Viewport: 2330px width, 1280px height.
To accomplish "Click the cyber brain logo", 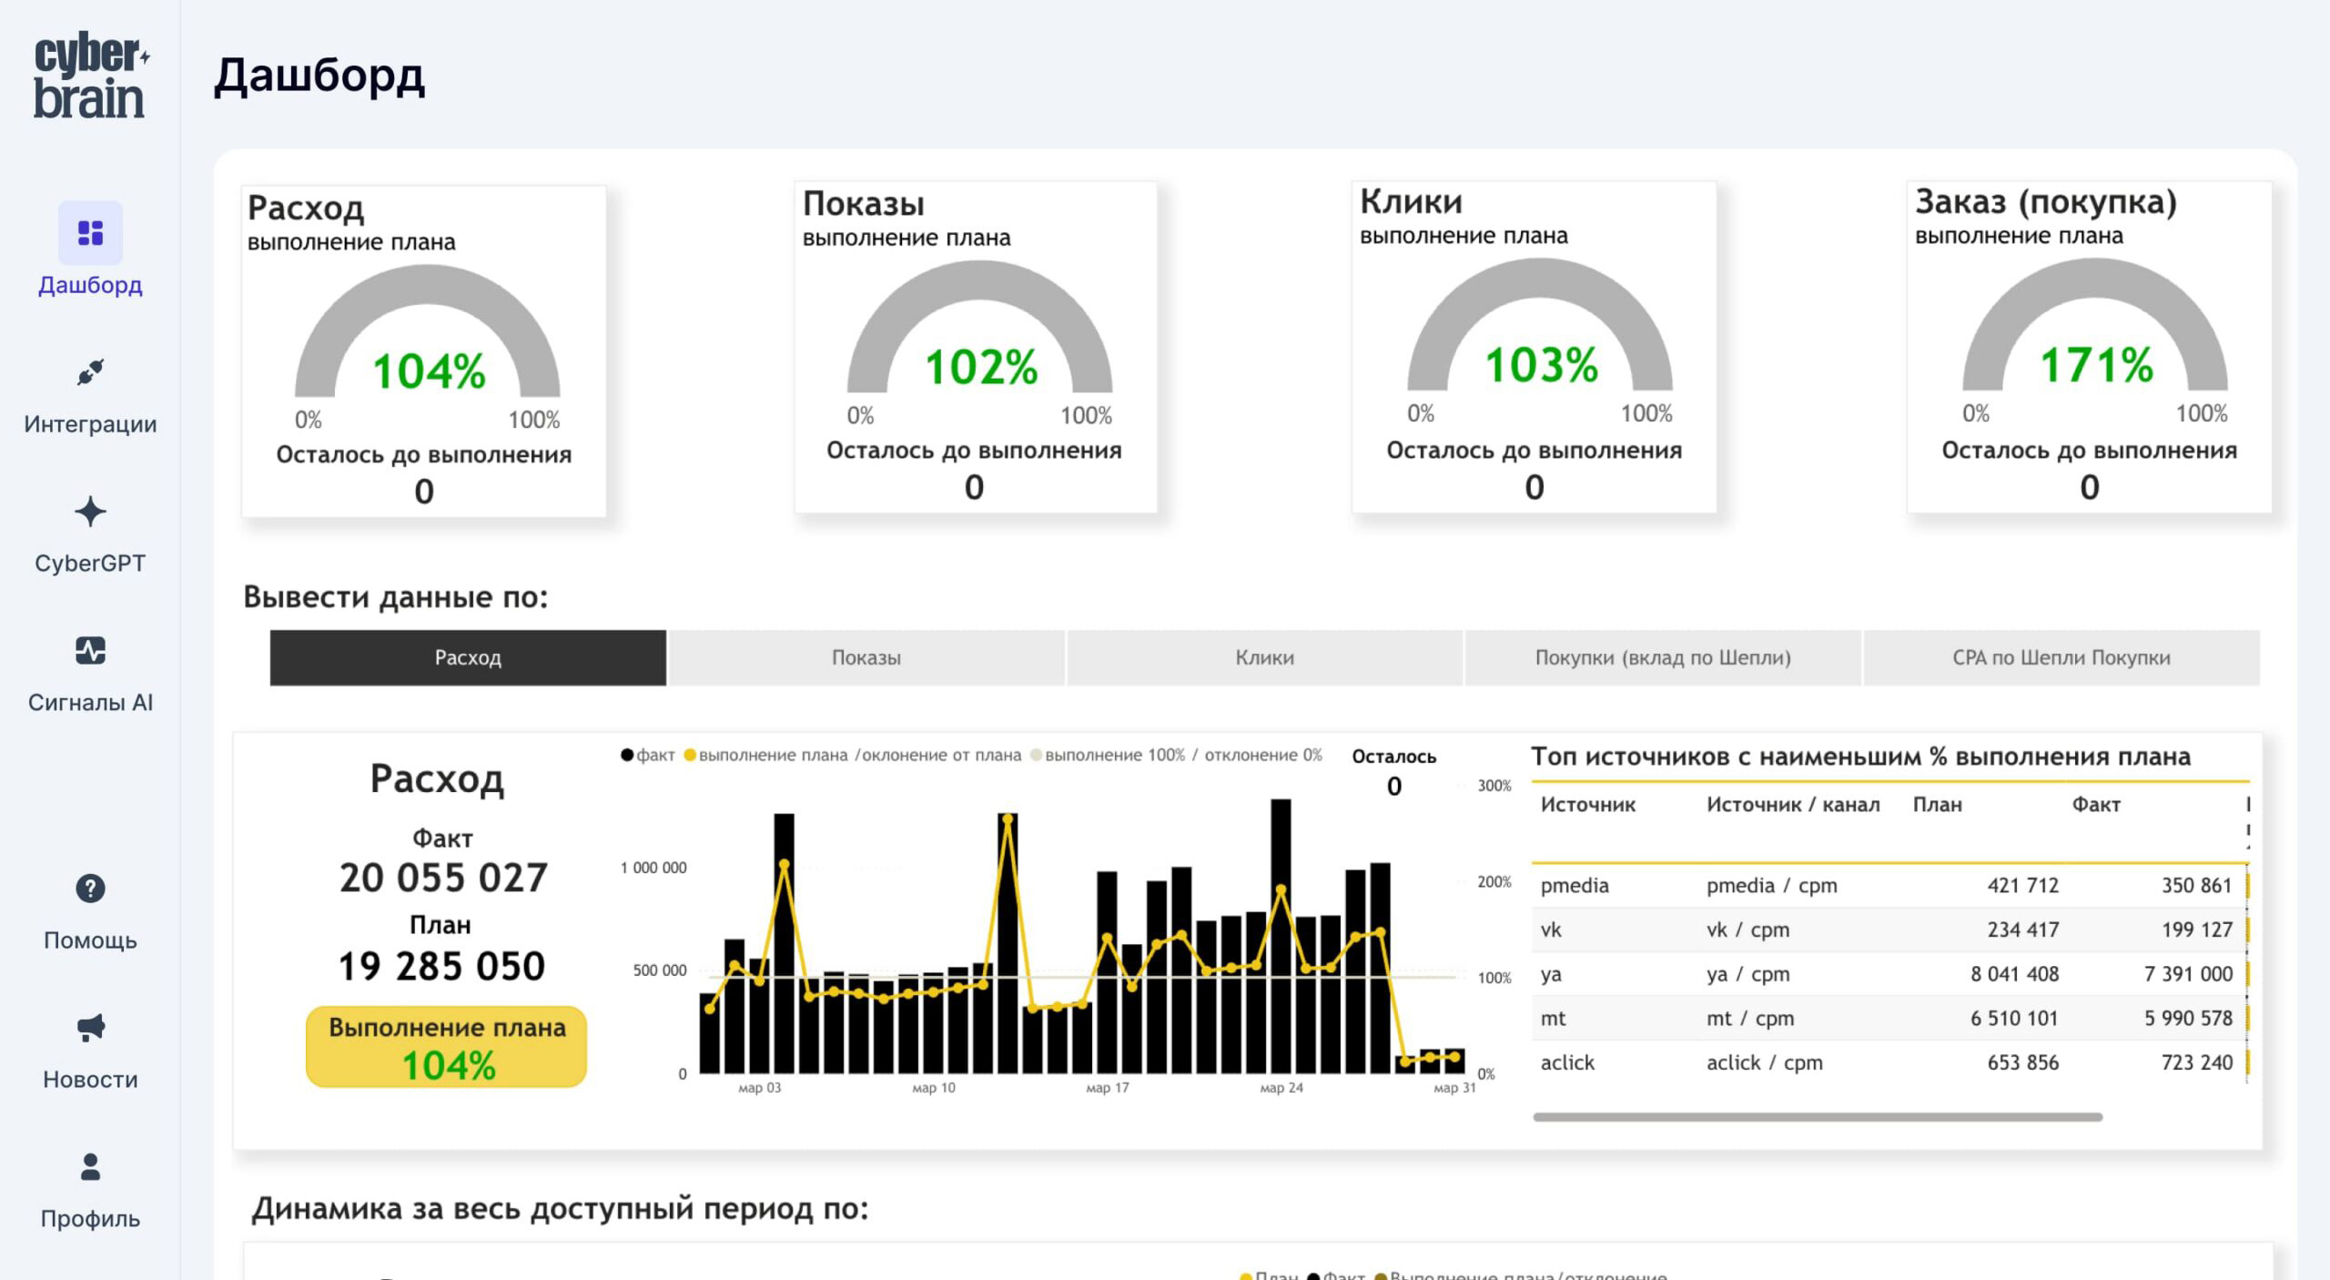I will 90,76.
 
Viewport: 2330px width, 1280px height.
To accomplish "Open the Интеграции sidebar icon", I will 90,372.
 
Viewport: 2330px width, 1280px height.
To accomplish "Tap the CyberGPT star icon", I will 90,512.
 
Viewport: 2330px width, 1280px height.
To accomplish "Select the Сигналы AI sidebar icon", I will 90,651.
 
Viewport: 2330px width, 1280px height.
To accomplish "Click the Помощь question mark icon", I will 90,889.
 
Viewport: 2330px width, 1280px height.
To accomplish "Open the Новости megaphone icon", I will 90,1028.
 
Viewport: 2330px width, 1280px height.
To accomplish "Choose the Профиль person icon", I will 90,1167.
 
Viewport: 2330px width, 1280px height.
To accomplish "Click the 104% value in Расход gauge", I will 429,371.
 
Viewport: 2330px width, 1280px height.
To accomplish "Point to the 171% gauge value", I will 2096,366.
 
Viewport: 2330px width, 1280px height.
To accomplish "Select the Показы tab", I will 866,657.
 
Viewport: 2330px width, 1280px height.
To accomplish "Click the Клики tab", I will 1264,657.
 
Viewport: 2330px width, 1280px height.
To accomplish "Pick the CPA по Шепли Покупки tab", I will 2061,657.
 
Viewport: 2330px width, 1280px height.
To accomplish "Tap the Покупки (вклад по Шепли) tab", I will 1662,657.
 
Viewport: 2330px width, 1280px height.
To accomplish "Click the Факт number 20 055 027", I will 443,879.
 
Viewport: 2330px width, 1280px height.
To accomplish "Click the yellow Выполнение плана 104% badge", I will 446,1046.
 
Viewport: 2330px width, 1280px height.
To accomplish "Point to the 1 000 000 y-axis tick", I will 653,868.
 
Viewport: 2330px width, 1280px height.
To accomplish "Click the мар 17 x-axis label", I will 1107,1088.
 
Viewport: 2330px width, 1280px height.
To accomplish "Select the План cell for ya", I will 2013,974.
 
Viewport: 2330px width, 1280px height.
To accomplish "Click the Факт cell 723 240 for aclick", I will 2196,1062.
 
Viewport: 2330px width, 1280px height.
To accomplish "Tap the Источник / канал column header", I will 1792,805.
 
